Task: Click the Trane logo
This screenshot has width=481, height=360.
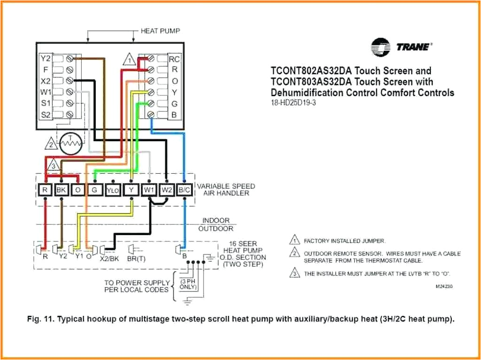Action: point(401,47)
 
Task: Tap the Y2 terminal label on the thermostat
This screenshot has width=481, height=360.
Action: point(45,59)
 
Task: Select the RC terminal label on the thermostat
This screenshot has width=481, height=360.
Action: point(174,59)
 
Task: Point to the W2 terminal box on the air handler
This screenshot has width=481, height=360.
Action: point(167,190)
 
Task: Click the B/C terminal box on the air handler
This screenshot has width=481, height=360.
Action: point(185,190)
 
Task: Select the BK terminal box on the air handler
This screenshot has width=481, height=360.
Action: point(62,190)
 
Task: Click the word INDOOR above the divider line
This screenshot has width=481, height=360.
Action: point(216,220)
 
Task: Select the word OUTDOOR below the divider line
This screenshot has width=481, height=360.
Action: point(216,229)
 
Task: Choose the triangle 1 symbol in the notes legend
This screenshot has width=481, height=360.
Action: point(294,241)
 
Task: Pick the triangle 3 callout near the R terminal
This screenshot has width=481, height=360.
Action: point(54,166)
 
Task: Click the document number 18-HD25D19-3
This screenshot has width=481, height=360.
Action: point(294,103)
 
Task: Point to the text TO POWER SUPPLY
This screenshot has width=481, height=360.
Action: point(137,283)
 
